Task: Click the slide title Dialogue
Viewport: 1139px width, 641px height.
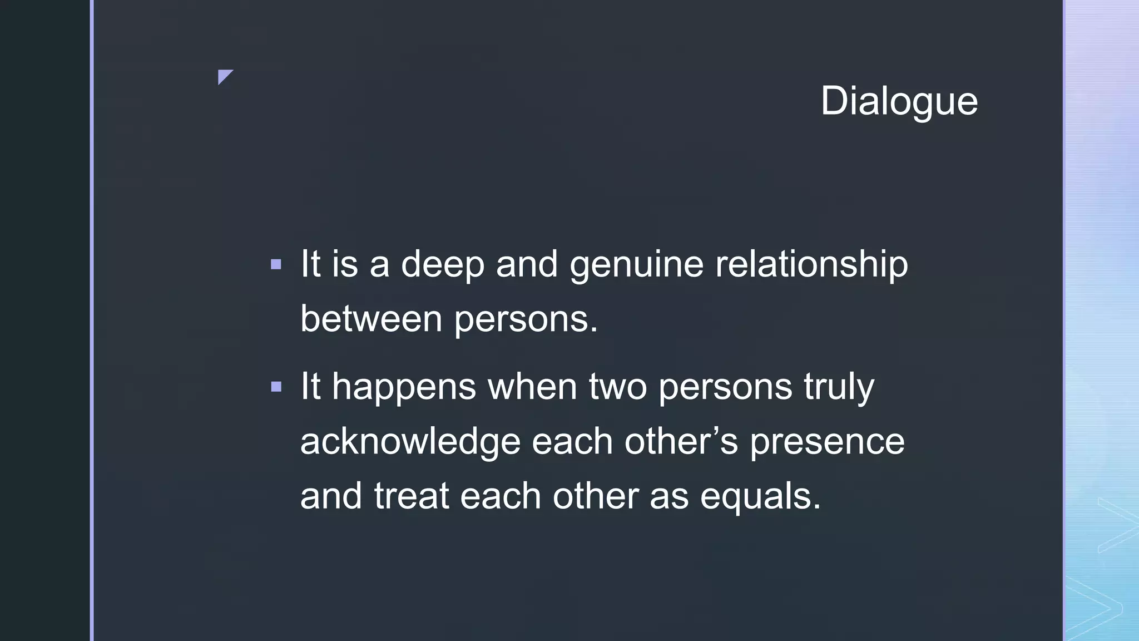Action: click(x=899, y=101)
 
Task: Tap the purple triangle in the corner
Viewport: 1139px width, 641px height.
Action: click(x=224, y=76)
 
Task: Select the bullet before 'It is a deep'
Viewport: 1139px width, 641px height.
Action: click(x=276, y=264)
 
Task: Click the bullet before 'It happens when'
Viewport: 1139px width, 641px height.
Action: click(x=276, y=387)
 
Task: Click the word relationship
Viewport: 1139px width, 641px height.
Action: click(x=811, y=264)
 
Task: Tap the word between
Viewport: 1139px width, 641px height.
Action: click(x=371, y=319)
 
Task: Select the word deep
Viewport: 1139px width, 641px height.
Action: click(x=443, y=264)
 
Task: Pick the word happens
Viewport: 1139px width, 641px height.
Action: click(x=404, y=387)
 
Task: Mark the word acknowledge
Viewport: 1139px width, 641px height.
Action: click(x=410, y=441)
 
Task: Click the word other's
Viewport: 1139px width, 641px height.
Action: click(x=681, y=441)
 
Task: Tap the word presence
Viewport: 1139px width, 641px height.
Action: click(x=827, y=441)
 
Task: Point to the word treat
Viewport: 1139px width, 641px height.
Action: click(x=411, y=496)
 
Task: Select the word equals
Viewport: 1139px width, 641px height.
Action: click(x=760, y=496)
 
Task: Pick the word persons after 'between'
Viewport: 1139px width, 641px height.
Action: click(x=526, y=319)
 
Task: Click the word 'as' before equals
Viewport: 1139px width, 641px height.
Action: click(x=669, y=496)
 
